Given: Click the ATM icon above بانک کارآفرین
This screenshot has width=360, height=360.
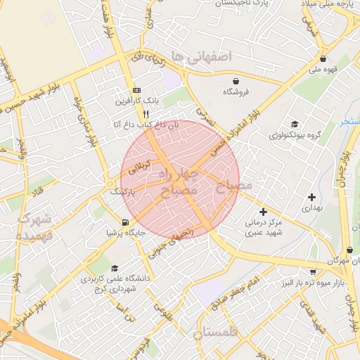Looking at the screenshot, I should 136,91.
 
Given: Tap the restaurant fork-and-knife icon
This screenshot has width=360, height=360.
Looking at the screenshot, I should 146,112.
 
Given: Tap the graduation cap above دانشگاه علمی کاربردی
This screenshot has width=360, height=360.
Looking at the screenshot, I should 115,268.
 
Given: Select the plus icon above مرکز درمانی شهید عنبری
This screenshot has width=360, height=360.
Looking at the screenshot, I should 264,211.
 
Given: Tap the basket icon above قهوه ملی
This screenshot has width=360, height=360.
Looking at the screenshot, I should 323,59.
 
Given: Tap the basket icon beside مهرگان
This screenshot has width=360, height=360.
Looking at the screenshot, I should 349,250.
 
